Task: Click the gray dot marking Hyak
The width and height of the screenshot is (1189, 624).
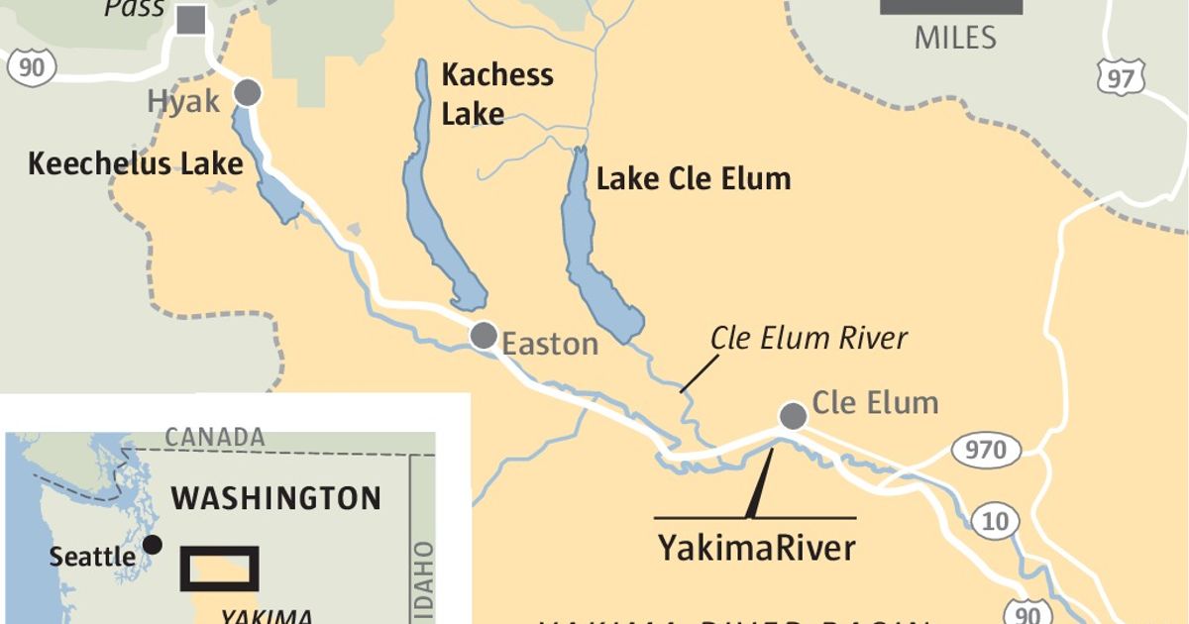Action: (248, 93)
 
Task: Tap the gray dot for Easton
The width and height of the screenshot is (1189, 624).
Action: (484, 336)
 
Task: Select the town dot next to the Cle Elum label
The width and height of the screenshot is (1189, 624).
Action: (793, 416)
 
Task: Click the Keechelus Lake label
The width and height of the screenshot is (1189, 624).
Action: (136, 163)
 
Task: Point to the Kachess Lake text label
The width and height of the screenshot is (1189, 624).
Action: (496, 94)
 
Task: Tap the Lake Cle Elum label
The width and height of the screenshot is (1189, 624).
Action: (694, 179)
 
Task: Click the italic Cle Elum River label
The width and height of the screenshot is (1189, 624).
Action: (809, 339)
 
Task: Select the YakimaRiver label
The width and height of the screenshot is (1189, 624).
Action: (756, 547)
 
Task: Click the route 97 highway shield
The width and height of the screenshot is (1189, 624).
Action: (1121, 78)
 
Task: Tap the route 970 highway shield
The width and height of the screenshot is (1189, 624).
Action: (986, 451)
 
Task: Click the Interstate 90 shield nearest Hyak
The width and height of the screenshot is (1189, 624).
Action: (31, 65)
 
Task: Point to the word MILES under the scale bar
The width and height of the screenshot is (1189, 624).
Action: (954, 38)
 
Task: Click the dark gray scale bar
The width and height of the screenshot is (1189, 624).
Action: (951, 6)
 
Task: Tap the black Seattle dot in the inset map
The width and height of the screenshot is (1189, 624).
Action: (153, 545)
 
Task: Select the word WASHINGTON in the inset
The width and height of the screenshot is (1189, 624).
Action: (275, 497)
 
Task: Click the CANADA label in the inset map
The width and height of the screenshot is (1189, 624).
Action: (215, 437)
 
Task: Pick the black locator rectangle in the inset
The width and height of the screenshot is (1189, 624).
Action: (220, 568)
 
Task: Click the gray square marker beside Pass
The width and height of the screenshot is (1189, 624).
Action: (191, 19)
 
